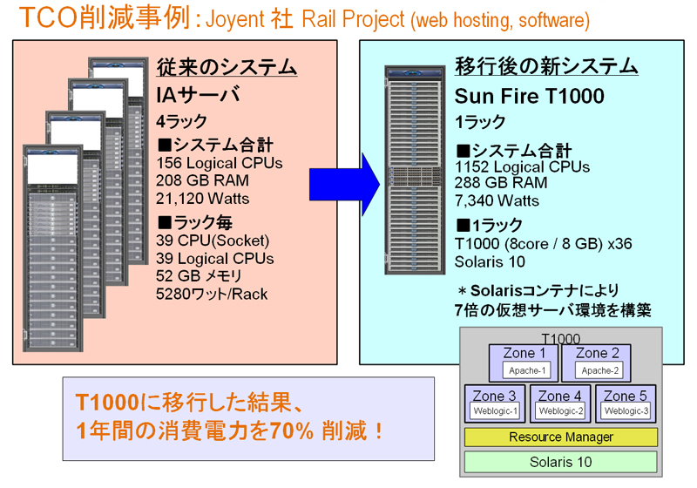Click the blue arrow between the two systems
click(344, 185)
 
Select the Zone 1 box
click(524, 363)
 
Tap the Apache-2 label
click(599, 370)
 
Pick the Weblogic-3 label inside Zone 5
click(626, 411)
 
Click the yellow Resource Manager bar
click(560, 437)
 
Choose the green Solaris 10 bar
click(560, 462)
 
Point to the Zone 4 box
click(560, 403)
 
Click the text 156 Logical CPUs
click(220, 163)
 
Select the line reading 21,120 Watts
click(202, 199)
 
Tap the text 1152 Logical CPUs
click(522, 166)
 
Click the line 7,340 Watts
click(497, 201)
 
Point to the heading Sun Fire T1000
click(530, 96)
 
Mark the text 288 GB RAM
click(500, 183)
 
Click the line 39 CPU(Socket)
click(213, 241)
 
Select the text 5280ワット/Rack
click(212, 295)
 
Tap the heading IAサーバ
click(198, 95)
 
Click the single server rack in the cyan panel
click(415, 170)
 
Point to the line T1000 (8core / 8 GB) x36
click(543, 244)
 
